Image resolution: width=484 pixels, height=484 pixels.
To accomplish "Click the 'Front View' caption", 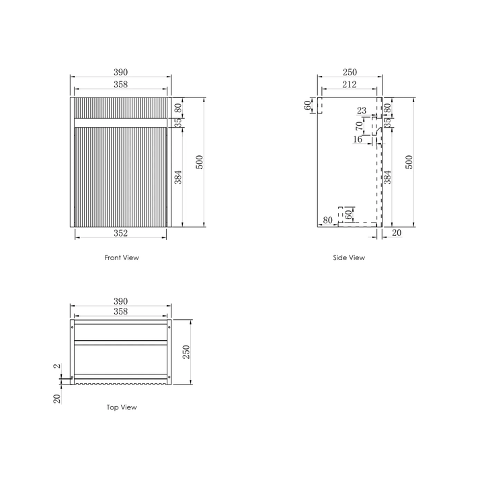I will tap(122, 257).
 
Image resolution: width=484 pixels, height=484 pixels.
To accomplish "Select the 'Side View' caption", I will tap(349, 257).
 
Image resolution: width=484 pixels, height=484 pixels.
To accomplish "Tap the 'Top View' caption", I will tap(122, 407).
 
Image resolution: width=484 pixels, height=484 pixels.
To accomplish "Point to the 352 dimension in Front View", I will tap(120, 233).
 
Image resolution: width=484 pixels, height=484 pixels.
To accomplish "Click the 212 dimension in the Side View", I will tap(349, 85).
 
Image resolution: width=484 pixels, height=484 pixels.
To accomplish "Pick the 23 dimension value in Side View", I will tap(362, 111).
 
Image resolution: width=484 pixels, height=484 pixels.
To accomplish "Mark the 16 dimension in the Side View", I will tap(357, 139).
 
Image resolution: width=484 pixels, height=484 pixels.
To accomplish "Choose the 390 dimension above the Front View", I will tap(120, 72).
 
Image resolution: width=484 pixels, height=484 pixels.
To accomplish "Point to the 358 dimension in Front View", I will tap(120, 85).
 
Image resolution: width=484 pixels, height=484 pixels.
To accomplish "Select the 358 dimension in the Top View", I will tap(120, 311).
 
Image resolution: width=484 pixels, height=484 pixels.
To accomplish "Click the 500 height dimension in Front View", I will tap(199, 162).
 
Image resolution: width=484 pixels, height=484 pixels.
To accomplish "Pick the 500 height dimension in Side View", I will tap(409, 162).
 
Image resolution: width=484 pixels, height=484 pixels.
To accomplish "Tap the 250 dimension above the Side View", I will tap(349, 72).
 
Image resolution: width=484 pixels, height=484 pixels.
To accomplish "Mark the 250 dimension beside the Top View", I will tap(188, 351).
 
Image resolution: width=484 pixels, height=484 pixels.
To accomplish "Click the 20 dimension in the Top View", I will tap(57, 398).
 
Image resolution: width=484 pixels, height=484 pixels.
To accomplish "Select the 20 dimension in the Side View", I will tap(395, 233).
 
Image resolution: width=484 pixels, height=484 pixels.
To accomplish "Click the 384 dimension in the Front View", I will tap(178, 177).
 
